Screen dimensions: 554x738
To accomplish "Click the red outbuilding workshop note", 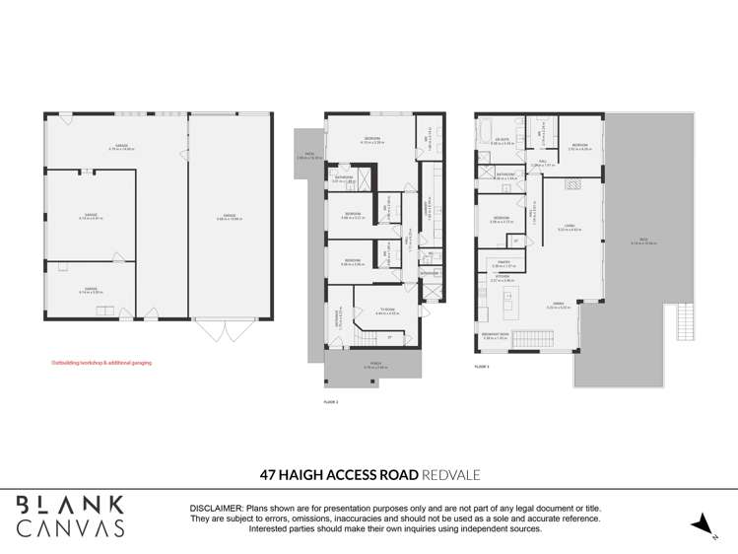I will point(101,363).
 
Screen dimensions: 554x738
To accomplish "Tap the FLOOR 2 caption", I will point(330,403).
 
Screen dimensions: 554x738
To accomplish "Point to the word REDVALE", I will point(450,475).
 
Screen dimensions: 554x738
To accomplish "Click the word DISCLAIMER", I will point(223,509).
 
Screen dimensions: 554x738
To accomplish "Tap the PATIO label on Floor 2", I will point(308,155).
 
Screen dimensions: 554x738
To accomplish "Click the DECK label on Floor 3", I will point(646,242).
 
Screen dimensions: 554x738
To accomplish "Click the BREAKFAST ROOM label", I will point(495,336).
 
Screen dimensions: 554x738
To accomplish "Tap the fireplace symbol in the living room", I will point(570,183).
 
